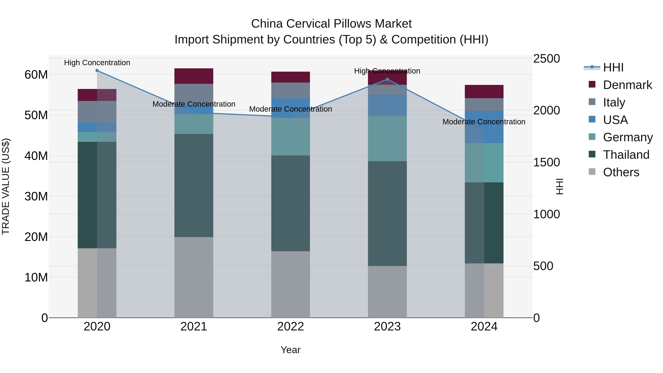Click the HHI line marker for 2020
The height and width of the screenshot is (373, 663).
tap(97, 71)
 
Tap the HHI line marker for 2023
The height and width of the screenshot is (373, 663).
tap(387, 79)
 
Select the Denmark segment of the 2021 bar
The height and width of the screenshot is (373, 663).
tap(194, 76)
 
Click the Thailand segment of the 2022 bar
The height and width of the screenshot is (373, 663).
tap(291, 203)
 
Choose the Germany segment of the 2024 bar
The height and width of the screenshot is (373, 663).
tap(484, 163)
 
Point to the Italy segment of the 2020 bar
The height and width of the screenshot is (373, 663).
tap(97, 112)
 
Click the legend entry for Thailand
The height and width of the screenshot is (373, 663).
tap(626, 155)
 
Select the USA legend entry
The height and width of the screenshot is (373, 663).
tap(615, 120)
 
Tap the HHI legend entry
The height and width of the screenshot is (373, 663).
tap(613, 67)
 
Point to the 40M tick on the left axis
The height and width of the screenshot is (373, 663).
tap(36, 156)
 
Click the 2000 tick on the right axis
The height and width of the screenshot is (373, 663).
tap(546, 111)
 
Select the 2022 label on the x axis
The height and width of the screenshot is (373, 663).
tap(291, 327)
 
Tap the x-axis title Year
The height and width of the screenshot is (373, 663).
tap(291, 350)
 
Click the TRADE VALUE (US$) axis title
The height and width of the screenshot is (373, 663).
tap(6, 186)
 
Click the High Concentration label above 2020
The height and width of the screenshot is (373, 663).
tap(97, 63)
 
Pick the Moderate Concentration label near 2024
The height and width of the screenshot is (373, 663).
tap(484, 122)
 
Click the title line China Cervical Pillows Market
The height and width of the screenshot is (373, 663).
tap(331, 24)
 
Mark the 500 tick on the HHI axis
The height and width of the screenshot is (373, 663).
tap(543, 266)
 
